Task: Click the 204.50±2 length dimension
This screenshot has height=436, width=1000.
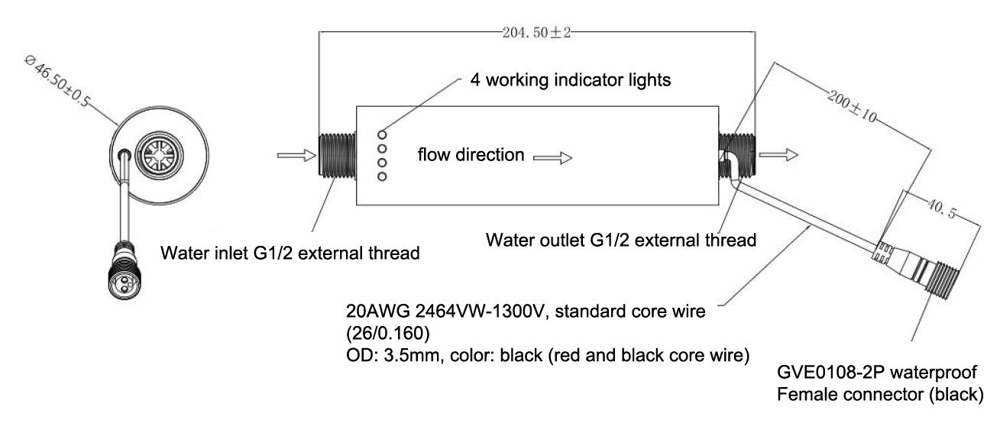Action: [536, 33]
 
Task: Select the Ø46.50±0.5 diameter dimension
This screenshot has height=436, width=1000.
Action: [57, 81]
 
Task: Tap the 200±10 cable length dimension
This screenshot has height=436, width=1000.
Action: [853, 106]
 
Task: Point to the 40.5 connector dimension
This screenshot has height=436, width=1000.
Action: [941, 209]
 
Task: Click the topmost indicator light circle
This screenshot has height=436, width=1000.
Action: [382, 135]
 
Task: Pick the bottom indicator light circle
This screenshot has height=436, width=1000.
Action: [382, 176]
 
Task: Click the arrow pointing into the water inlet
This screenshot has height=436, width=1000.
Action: [297, 155]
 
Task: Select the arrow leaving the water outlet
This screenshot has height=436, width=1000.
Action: [778, 155]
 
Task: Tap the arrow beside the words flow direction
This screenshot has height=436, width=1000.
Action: [552, 158]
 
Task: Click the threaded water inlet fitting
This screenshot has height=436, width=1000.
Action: [338, 155]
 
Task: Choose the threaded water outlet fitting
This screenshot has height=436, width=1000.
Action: [736, 155]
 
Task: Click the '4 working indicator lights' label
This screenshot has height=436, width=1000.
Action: [570, 80]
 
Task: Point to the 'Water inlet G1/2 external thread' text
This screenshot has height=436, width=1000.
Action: [290, 253]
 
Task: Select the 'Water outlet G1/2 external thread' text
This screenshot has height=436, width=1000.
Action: [621, 240]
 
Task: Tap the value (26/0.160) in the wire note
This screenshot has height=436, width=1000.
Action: [388, 334]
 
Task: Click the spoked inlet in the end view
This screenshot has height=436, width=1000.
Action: [160, 155]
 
